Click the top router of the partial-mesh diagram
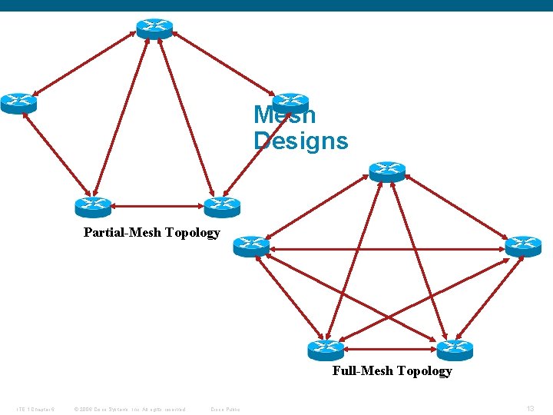coord(154,28)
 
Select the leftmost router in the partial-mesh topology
coord(18,102)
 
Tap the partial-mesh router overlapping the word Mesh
coord(290,103)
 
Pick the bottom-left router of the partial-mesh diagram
coord(93,207)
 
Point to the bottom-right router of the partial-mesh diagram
coord(222,207)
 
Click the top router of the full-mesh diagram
coord(386,171)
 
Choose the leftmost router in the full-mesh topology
coord(251,246)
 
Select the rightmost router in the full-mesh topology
coord(523,246)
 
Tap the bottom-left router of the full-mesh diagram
coord(326,350)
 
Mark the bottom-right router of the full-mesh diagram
coord(455,350)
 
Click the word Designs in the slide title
coord(300,141)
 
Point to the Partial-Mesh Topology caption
coord(151,232)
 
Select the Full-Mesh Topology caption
coord(392,371)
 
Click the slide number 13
coord(531,409)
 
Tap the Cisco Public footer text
coord(225,409)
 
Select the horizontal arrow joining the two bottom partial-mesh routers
coord(157,206)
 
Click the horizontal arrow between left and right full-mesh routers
coord(387,248)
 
